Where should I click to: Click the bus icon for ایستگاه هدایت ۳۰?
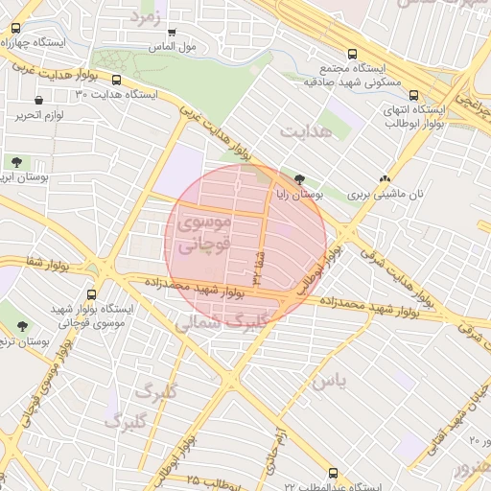point(117,81)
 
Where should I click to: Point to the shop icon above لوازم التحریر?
point(37,100)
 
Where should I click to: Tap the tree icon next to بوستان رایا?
point(300,178)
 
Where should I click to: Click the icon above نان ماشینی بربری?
point(385,178)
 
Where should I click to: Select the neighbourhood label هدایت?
point(307,129)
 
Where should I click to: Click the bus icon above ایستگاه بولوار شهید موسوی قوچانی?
point(92,294)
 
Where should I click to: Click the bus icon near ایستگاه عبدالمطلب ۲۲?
point(333,473)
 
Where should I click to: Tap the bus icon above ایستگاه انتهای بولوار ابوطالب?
point(413,96)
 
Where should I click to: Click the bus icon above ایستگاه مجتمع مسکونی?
point(353,54)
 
